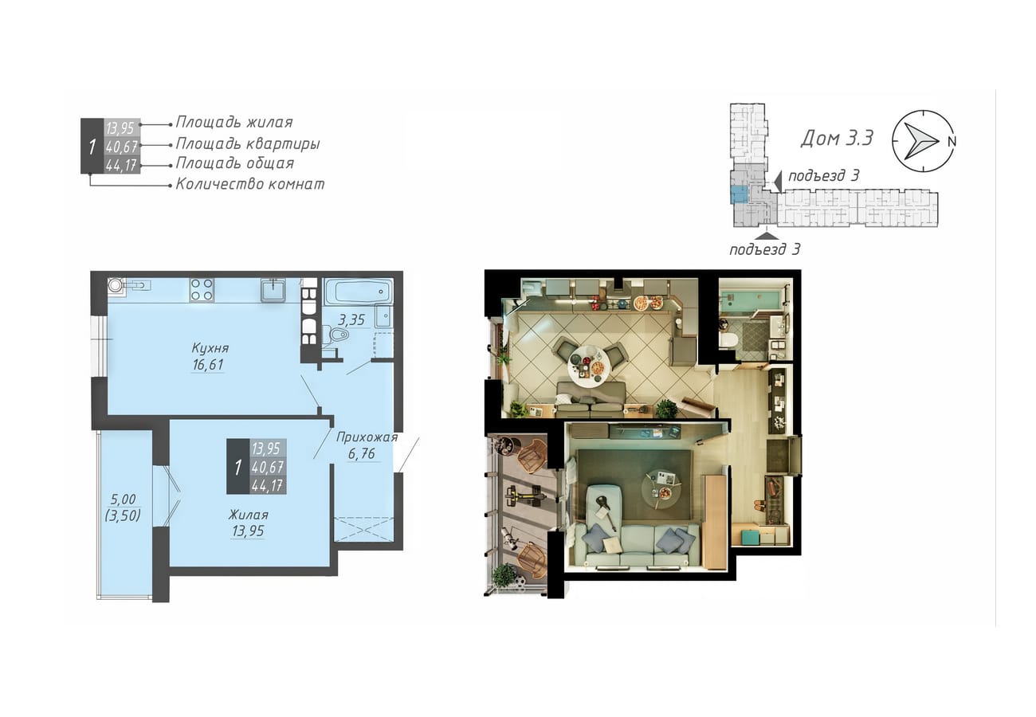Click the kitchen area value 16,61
[x=208, y=365]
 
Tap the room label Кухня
[x=210, y=347]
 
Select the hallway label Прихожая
[x=367, y=437]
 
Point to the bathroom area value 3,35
[x=351, y=319]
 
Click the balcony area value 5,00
[x=123, y=500]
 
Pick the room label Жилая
[x=248, y=515]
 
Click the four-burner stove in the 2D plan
[x=202, y=290]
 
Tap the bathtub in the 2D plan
[x=359, y=292]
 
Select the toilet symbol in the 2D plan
[x=339, y=334]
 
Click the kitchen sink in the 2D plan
[x=273, y=290]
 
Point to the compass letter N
[x=952, y=142]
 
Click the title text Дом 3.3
[x=837, y=138]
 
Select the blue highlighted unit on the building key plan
[x=739, y=195]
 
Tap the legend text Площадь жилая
[x=234, y=123]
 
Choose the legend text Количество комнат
[x=249, y=184]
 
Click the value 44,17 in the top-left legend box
[x=122, y=165]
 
